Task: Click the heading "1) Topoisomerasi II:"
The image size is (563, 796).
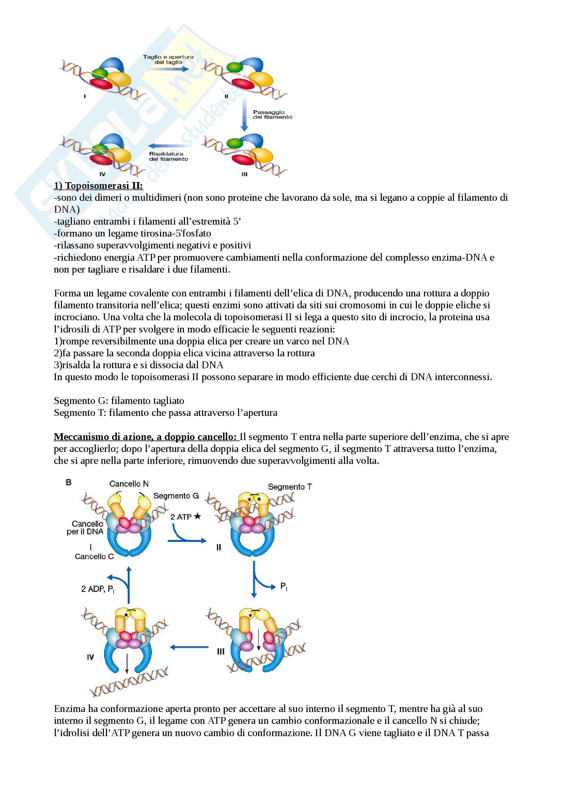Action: click(98, 186)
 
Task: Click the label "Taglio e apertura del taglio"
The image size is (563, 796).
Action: click(169, 60)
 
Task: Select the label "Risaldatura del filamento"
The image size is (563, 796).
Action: click(168, 156)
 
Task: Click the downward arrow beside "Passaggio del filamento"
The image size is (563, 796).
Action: click(244, 114)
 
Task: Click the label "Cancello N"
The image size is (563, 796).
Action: click(129, 484)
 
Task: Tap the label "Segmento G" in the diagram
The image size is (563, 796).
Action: click(176, 496)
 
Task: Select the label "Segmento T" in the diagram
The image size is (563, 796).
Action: click(290, 487)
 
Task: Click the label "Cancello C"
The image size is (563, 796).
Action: click(94, 557)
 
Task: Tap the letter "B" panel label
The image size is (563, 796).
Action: click(68, 483)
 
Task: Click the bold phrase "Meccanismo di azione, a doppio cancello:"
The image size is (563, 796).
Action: click(145, 437)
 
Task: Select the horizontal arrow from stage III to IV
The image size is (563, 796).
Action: click(189, 647)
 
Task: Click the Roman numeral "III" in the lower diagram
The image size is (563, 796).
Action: click(221, 652)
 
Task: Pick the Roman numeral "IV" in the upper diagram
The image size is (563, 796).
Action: click(102, 174)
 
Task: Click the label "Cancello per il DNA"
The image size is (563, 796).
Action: click(86, 528)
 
